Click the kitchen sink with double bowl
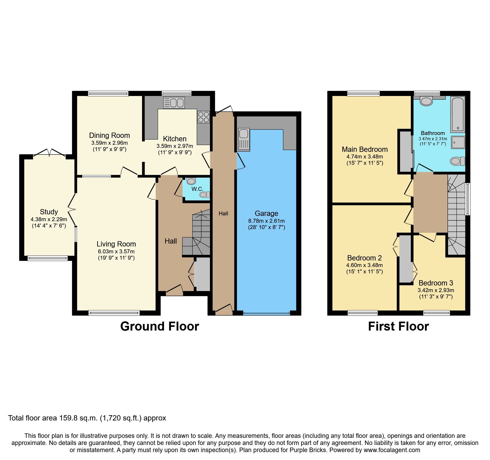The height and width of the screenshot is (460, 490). click(x=174, y=103)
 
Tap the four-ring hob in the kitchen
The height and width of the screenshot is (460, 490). click(x=203, y=117)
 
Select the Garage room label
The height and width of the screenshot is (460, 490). click(x=266, y=213)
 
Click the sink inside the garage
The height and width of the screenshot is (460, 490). click(x=244, y=139)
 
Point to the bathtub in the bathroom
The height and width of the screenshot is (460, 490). click(x=458, y=114)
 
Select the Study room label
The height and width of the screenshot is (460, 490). click(x=49, y=212)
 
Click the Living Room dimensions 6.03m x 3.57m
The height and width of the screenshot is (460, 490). click(x=116, y=251)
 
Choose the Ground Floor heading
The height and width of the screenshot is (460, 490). click(x=160, y=326)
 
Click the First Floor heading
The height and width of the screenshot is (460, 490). click(x=398, y=326)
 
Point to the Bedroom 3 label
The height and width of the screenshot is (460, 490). click(x=436, y=283)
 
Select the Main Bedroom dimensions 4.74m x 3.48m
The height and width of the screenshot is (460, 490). click(x=365, y=157)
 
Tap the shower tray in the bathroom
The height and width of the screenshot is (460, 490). click(x=458, y=143)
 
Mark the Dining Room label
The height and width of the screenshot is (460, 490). click(x=109, y=135)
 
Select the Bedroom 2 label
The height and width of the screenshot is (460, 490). click(x=364, y=258)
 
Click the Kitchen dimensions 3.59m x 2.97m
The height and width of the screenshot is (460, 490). click(x=175, y=146)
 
